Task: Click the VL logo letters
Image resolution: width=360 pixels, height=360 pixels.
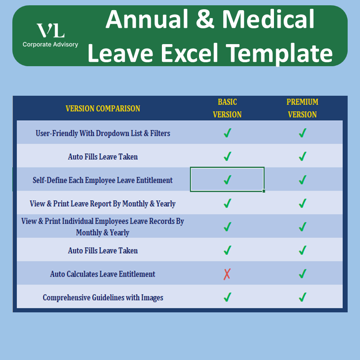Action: [50, 30]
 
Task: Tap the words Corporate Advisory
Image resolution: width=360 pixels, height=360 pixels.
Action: [50, 44]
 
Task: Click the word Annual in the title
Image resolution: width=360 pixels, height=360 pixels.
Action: [147, 19]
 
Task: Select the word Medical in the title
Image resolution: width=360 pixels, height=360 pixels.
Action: [268, 19]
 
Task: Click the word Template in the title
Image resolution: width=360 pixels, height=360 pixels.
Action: [279, 54]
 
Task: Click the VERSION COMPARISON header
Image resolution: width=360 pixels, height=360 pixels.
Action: [103, 109]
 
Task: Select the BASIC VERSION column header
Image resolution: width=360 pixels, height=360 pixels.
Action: [227, 108]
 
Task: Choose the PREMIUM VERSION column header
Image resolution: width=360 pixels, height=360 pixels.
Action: [302, 108]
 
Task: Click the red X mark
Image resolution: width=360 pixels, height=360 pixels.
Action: [227, 274]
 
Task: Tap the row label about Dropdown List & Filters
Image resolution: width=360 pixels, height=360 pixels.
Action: [103, 133]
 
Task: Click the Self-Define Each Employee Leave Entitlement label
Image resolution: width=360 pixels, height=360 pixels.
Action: [103, 180]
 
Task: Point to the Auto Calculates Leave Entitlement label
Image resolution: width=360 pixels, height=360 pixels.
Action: [103, 274]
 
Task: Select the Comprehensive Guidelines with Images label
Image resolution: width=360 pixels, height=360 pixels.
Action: [103, 297]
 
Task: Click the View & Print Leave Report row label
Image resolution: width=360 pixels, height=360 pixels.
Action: [103, 204]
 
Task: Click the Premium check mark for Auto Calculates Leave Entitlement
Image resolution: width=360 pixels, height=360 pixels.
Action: [303, 274]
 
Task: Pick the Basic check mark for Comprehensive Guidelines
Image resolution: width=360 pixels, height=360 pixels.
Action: [227, 297]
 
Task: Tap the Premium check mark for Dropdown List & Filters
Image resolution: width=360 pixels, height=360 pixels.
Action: [303, 133]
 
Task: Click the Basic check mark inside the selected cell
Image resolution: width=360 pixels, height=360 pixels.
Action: [227, 180]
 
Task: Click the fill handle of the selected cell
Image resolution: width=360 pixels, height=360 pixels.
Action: [264, 191]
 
